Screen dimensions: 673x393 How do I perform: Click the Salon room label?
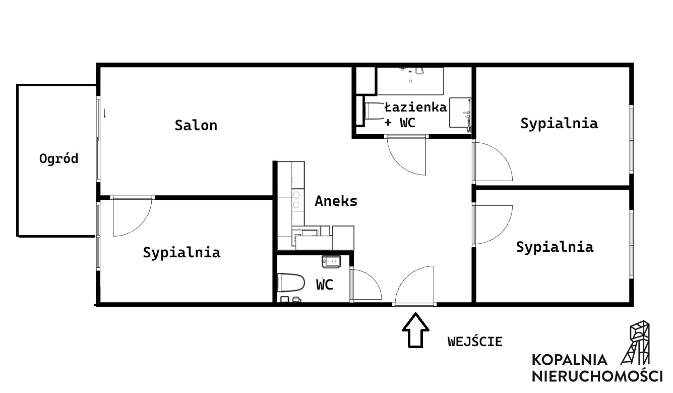[x=196, y=126]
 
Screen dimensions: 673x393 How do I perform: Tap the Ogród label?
[x=59, y=159]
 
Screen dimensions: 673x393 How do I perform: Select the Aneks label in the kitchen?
[x=336, y=201]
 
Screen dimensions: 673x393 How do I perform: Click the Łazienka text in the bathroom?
[x=415, y=107]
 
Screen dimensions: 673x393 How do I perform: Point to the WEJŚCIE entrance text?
[x=475, y=342]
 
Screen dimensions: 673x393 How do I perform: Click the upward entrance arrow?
[x=415, y=330]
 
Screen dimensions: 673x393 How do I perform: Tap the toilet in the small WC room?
[x=290, y=283]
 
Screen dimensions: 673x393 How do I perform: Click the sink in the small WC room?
[x=331, y=261]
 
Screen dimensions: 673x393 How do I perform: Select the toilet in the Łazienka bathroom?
[x=375, y=111]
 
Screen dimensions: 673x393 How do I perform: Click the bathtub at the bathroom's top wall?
[x=410, y=81]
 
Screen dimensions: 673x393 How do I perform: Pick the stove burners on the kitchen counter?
[x=296, y=200]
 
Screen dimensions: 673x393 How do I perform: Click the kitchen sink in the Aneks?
[x=306, y=236]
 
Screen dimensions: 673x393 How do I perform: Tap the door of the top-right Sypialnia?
[x=493, y=161]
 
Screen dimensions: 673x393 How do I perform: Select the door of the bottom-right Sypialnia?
[x=493, y=224]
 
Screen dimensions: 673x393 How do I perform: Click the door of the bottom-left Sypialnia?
[x=132, y=216]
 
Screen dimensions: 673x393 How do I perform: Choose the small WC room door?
[x=366, y=284]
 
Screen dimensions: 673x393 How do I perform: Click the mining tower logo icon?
[x=636, y=343]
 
